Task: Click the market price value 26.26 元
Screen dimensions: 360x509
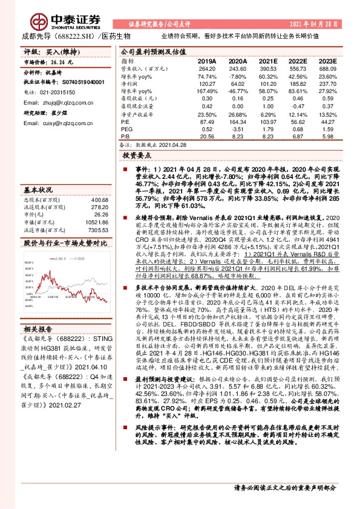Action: click(x=61, y=62)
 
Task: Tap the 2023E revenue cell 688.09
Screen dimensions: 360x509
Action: click(x=326, y=70)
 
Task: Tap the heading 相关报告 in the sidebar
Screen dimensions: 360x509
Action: click(x=38, y=329)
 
